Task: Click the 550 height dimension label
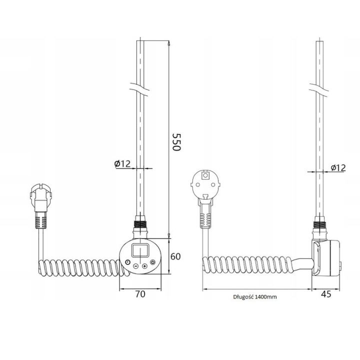(x=176, y=142)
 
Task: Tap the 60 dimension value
(x=175, y=256)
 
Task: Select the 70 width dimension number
(x=140, y=294)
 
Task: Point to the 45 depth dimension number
(x=326, y=294)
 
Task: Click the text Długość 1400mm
(x=255, y=297)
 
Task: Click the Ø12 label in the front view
(x=122, y=163)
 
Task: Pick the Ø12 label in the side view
(x=338, y=168)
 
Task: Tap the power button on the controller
(x=152, y=262)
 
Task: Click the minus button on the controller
(x=135, y=266)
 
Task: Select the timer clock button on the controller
(x=127, y=262)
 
